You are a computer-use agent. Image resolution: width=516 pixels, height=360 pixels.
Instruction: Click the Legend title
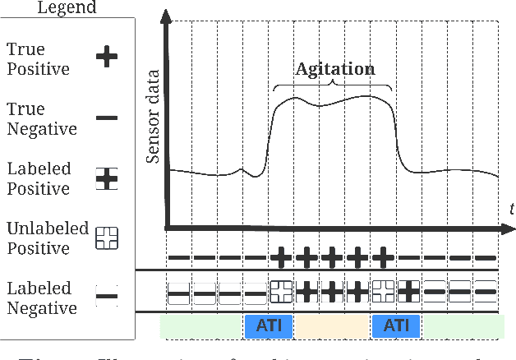[51, 7]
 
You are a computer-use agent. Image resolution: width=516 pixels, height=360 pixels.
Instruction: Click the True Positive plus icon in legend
[107, 58]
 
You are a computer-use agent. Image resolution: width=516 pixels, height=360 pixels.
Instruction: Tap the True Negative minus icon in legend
[107, 118]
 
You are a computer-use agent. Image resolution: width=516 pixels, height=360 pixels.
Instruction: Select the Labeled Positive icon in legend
[107, 179]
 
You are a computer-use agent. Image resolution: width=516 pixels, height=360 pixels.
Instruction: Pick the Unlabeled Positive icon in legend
[107, 238]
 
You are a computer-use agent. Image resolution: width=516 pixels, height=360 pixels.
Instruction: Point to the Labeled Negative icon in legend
[107, 298]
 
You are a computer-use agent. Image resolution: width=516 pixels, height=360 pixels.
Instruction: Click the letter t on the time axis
[510, 210]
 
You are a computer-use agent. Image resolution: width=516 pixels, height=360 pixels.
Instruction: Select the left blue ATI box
[269, 326]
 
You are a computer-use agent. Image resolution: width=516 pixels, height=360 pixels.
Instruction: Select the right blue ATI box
[396, 326]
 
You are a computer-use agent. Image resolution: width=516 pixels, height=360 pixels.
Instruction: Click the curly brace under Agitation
[332, 85]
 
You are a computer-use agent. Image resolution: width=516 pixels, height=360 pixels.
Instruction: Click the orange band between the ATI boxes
[332, 326]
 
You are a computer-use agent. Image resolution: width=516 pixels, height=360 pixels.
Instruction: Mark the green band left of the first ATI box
[202, 326]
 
